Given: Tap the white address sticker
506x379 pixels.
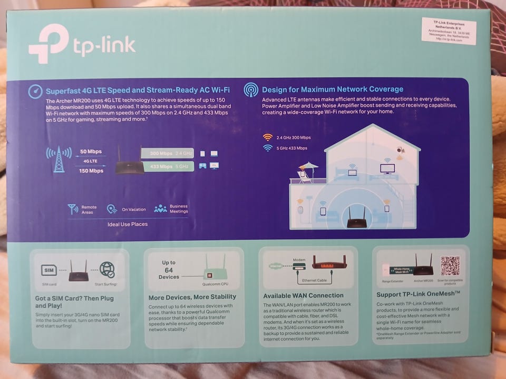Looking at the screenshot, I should pyautogui.click(x=449, y=32).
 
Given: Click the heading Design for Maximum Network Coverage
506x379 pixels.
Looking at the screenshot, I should pyautogui.click(x=332, y=89).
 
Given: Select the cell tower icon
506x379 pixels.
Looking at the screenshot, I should pyautogui.click(x=59, y=159).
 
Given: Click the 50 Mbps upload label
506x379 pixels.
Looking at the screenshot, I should pyautogui.click(x=91, y=152).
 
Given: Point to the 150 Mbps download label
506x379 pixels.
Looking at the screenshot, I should pyautogui.click(x=91, y=171).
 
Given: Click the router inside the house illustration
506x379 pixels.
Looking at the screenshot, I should pyautogui.click(x=356, y=218).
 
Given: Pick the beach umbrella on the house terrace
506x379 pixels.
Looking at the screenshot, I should pyautogui.click(x=308, y=167).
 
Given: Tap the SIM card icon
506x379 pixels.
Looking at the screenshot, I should pyautogui.click(x=49, y=271).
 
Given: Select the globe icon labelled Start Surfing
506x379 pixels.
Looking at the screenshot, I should pyautogui.click(x=107, y=270).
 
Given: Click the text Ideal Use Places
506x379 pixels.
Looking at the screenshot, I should pyautogui.click(x=128, y=224).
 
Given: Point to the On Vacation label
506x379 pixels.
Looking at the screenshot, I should pyautogui.click(x=134, y=210).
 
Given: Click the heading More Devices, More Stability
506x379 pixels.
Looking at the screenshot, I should pyautogui.click(x=192, y=297).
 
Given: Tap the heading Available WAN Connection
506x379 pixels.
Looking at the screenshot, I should pyautogui.click(x=303, y=296).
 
